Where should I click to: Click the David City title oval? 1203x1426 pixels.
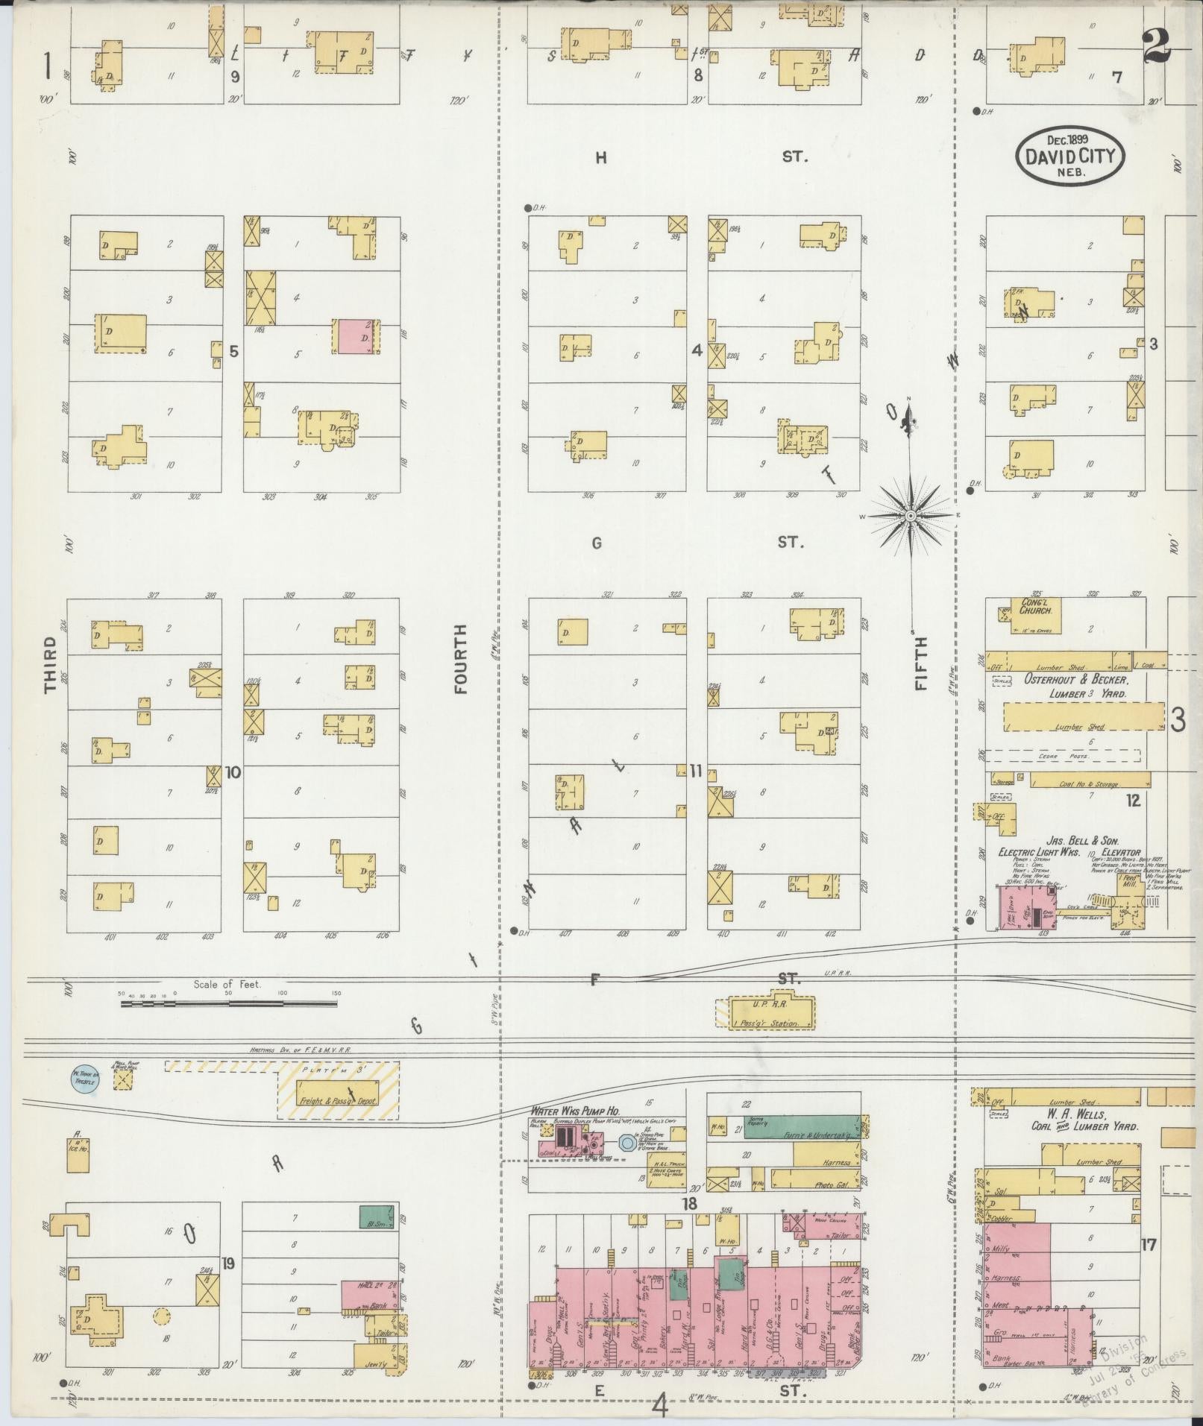point(1069,156)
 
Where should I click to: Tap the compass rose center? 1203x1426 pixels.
point(911,516)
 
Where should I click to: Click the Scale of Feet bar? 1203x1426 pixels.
point(228,1004)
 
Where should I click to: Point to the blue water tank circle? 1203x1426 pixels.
point(84,1079)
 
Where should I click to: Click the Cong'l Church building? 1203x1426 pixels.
point(1030,616)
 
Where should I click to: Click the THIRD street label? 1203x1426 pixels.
point(51,665)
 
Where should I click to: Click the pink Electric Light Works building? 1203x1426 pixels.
point(1026,906)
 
